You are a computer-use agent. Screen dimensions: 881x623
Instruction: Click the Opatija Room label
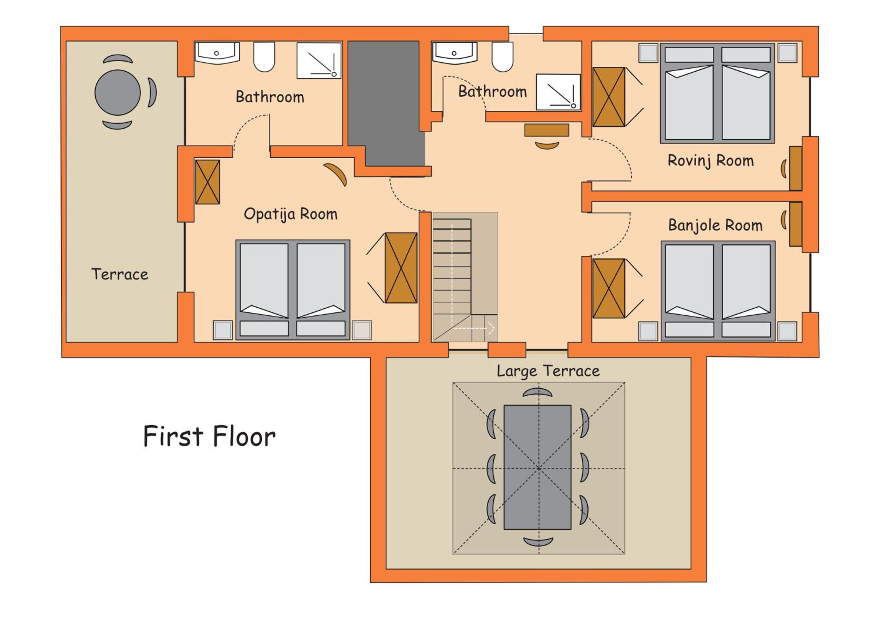coord(290,214)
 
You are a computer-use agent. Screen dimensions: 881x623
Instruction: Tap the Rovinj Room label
coord(711,161)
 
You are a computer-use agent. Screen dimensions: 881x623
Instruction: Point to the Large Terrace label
coord(548,371)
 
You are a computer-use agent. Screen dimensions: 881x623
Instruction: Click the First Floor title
coord(209,436)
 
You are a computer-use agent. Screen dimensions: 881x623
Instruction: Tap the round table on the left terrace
coord(117,92)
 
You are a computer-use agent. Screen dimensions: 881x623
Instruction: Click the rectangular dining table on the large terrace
coord(537,467)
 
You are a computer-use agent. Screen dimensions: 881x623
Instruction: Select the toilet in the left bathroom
coord(264,56)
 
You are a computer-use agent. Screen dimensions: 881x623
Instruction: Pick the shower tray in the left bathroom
coord(319,60)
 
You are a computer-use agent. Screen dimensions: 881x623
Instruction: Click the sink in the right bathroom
coord(454,53)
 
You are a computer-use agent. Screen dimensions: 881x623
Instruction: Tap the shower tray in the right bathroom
coord(558,92)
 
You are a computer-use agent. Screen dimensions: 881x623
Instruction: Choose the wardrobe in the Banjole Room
coord(608,289)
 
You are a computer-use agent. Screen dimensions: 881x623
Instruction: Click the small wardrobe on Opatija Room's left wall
coord(208,182)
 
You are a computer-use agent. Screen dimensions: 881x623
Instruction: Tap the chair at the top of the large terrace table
coord(538,393)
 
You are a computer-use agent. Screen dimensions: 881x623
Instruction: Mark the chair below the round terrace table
coord(117,125)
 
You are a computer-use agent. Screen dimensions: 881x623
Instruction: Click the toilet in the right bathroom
coord(502,56)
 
